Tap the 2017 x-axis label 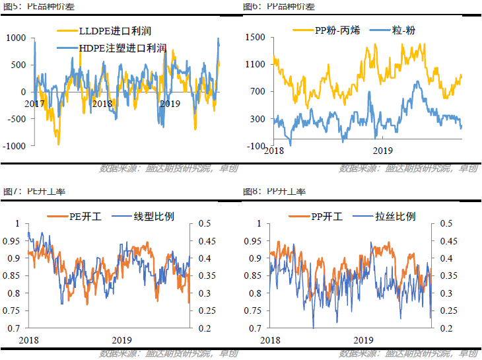click(35, 104)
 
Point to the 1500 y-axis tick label click(255, 38)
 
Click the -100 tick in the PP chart click(257, 145)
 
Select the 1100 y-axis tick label click(255, 65)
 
